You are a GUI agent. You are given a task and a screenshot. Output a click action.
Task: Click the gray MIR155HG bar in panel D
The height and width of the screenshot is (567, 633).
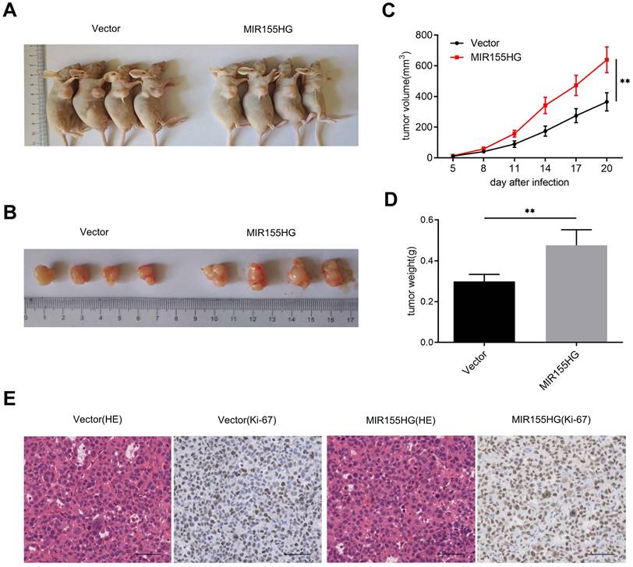click(576, 294)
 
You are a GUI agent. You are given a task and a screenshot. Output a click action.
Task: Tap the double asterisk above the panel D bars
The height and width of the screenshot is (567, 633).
click(529, 210)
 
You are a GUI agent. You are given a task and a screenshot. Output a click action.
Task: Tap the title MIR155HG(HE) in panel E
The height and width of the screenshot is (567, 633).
click(399, 421)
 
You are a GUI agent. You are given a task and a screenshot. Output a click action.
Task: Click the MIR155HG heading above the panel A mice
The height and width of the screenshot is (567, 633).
click(270, 30)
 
